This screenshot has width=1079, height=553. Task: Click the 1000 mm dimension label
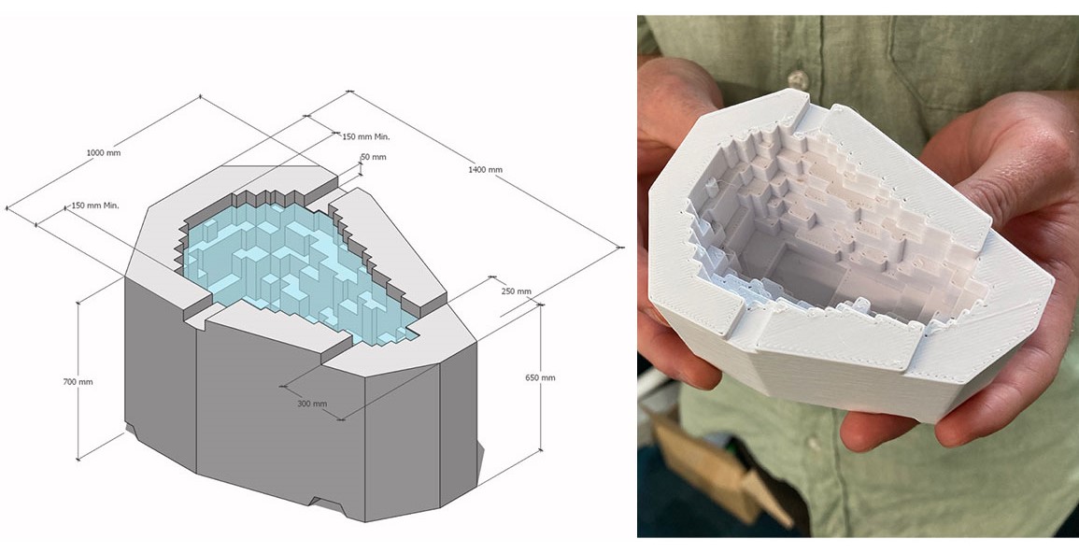[103, 152]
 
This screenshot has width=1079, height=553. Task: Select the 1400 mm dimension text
[485, 169]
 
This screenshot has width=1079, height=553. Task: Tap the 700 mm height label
[78, 382]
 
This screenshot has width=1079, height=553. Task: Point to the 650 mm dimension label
[540, 377]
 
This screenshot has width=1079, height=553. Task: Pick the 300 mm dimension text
[312, 404]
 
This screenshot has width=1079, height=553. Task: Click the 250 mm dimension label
[516, 291]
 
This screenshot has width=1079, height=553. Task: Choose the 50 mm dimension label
[374, 157]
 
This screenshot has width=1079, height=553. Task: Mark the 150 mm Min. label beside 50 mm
[366, 136]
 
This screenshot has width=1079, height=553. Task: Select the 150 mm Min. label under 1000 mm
[95, 206]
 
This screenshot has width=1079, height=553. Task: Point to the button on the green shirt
[798, 79]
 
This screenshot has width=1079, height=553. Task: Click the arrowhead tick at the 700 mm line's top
[78, 302]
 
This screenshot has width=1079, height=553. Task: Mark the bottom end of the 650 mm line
[541, 450]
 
